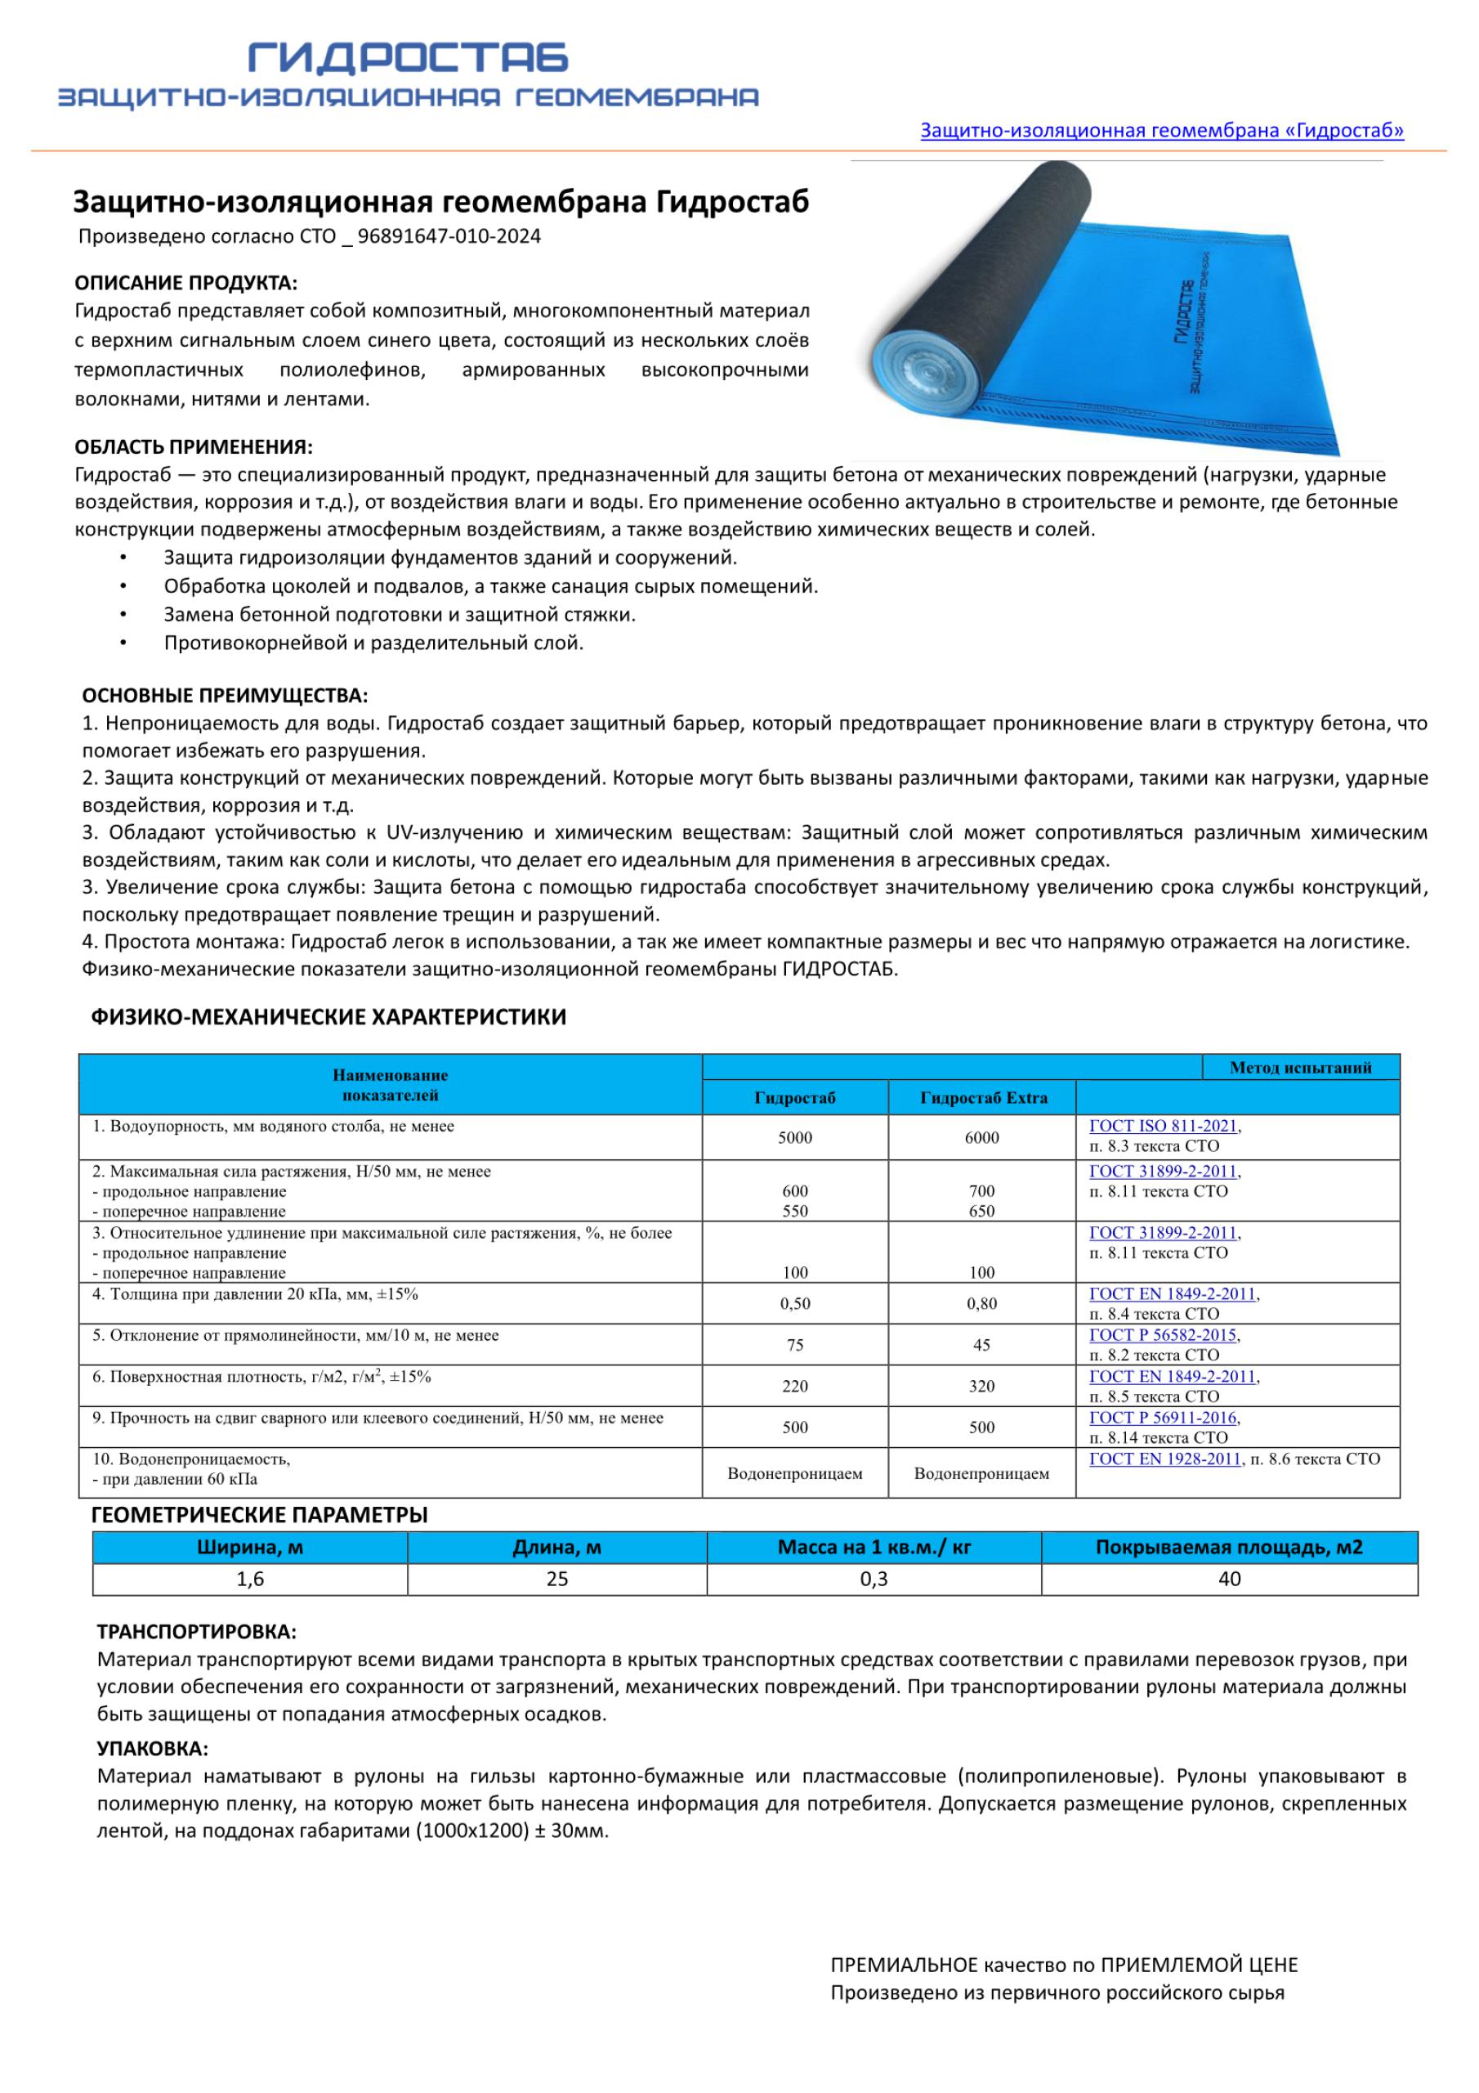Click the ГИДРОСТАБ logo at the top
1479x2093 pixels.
(x=409, y=58)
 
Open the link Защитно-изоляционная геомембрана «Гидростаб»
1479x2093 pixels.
(x=1161, y=130)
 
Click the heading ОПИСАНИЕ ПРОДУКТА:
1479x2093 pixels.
(x=186, y=283)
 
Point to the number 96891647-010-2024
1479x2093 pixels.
(x=449, y=236)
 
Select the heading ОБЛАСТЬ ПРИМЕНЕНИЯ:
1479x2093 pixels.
(x=193, y=446)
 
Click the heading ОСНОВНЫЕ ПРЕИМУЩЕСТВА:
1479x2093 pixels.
(x=225, y=696)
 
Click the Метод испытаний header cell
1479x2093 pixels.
(x=1300, y=1068)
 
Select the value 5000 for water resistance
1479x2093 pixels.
(x=794, y=1137)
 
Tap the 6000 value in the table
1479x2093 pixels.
(x=981, y=1137)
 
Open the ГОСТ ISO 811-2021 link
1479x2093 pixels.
(x=1163, y=1127)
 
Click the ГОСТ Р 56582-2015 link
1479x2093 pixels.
(x=1163, y=1335)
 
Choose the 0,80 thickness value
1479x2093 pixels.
(x=981, y=1303)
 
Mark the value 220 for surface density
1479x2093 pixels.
(x=794, y=1387)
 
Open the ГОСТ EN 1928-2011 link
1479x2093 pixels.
(x=1165, y=1459)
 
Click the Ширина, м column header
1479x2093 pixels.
(x=250, y=1547)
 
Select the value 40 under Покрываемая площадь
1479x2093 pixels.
(x=1229, y=1579)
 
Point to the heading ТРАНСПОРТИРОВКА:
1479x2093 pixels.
(x=197, y=1632)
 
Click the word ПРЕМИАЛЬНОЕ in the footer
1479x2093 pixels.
(x=902, y=1991)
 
